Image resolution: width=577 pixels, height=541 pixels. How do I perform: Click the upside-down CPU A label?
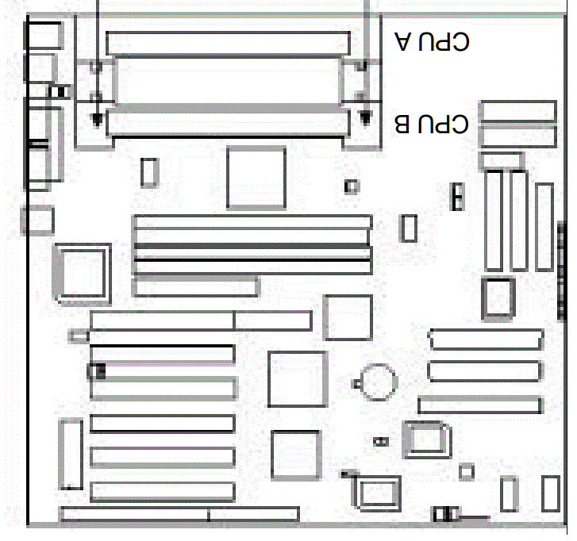tap(433, 41)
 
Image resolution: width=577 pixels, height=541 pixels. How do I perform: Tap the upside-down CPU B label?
tap(433, 125)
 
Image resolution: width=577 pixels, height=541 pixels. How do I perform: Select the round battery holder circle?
tap(377, 380)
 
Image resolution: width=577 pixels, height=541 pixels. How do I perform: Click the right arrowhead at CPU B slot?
tap(365, 117)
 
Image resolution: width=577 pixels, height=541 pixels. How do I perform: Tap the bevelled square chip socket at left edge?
tap(81, 271)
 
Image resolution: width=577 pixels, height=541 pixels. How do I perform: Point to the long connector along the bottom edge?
tap(179, 515)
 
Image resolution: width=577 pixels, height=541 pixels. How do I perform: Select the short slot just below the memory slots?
tap(195, 286)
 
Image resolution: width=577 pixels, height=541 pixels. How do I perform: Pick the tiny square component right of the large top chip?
tap(351, 186)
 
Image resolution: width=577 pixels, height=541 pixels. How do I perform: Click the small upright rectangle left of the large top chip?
tap(148, 172)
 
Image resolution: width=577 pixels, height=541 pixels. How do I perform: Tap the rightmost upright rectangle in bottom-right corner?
tap(550, 493)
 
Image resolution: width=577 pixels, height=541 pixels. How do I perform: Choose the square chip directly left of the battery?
tap(298, 378)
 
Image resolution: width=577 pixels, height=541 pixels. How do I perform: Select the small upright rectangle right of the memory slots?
tap(409, 228)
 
